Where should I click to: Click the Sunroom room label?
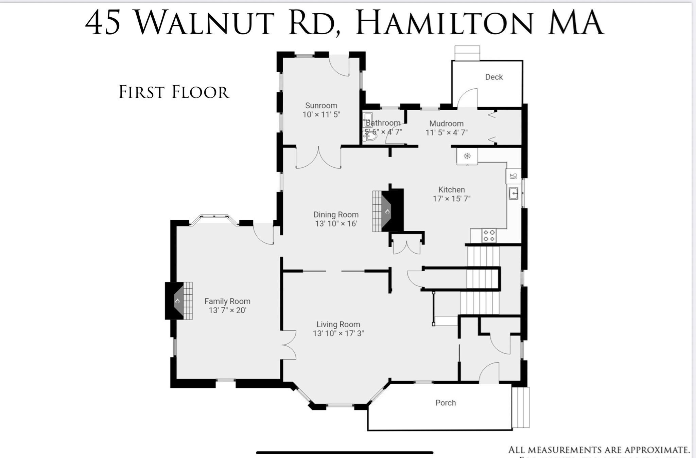(321, 106)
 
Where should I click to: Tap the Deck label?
(493, 77)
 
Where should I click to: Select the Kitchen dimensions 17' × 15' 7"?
(451, 199)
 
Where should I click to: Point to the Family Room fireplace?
(178, 301)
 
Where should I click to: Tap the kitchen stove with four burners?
(489, 236)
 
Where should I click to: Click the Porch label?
(446, 403)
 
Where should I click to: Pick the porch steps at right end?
(520, 407)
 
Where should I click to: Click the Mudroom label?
(446, 124)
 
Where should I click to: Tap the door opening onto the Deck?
(467, 98)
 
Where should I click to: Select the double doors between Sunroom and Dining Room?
(318, 158)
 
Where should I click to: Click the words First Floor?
(174, 92)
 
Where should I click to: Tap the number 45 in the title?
(103, 23)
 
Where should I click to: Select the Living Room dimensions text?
(338, 333)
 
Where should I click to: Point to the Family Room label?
(227, 301)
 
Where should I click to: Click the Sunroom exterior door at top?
(339, 65)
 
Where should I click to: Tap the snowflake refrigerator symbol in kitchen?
(467, 156)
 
